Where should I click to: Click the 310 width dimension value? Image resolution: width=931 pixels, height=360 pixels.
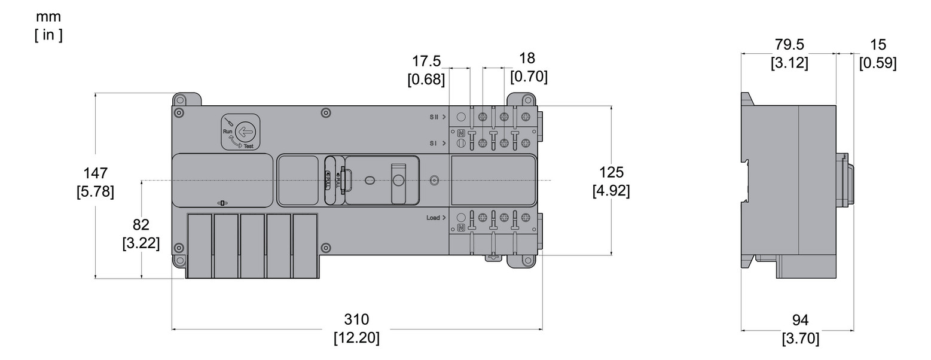[x=356, y=319]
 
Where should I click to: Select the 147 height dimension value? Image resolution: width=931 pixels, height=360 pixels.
[x=96, y=173]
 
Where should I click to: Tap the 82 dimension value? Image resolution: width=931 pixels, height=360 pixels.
[x=141, y=225]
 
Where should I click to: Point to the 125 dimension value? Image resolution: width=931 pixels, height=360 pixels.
[x=611, y=173]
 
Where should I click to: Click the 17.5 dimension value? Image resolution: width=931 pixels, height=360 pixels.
[x=426, y=61]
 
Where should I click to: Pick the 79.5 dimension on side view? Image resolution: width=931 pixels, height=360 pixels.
[x=789, y=45]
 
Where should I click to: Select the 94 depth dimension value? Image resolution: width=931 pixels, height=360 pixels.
[x=801, y=321]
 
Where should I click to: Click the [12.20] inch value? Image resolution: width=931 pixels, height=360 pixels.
[x=356, y=338]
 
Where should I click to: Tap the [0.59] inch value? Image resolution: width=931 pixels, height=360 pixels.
[x=878, y=63]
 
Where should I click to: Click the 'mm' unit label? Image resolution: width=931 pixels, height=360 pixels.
[x=48, y=17]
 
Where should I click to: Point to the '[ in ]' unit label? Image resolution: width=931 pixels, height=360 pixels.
[x=48, y=35]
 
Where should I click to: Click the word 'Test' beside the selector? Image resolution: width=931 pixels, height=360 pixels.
[x=248, y=146]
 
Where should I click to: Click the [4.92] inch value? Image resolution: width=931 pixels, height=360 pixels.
[x=611, y=191]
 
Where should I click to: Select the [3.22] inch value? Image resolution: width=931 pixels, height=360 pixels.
[x=141, y=244]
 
